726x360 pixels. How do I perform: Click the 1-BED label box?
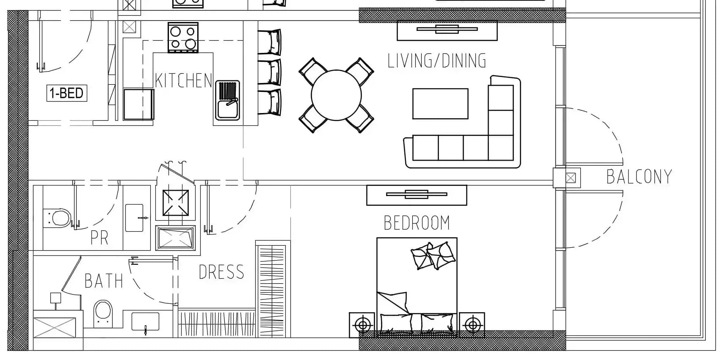pos(66,93)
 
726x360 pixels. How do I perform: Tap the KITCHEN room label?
pos(183,80)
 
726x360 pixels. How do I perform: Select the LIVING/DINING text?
pos(437,61)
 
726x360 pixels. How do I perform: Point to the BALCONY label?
pos(639,177)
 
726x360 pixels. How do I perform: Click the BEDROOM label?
pos(417,223)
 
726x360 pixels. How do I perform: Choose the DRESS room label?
pos(221,272)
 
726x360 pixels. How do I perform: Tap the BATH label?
pos(104,281)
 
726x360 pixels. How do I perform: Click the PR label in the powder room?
pos(99,238)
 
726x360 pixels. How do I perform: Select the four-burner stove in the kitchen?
pos(183,38)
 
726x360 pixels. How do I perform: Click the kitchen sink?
pos(228,100)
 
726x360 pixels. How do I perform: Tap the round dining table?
pos(336,95)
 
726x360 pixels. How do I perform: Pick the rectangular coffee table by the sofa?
pos(440,104)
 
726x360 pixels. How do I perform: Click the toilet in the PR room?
pos(57,218)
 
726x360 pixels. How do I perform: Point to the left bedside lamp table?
pos(362,325)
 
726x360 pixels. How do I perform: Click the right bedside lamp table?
pos(472,325)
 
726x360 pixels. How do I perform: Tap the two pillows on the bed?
pos(433,255)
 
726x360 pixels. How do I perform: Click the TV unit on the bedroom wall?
pos(417,195)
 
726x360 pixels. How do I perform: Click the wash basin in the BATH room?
pos(145,322)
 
